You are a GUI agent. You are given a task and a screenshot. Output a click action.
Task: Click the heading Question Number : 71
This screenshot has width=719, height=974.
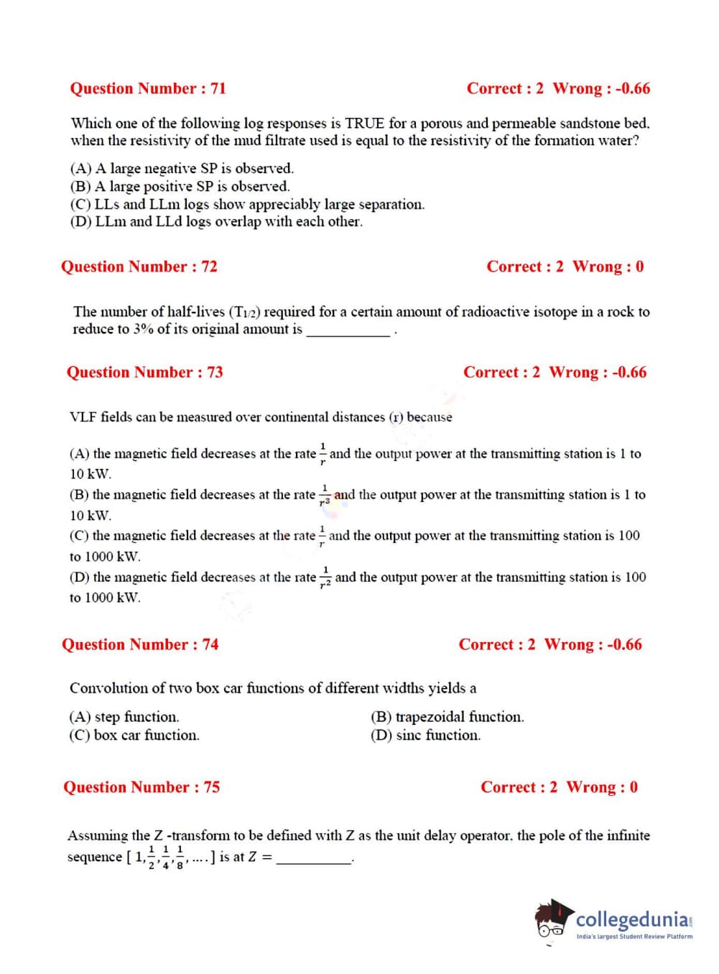tap(148, 88)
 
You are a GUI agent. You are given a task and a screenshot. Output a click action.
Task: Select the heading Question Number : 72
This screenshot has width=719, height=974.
tap(139, 266)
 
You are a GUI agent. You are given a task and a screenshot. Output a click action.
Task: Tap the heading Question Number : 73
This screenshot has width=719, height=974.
tap(144, 372)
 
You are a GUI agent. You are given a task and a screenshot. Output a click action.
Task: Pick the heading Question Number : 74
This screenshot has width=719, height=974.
tap(140, 644)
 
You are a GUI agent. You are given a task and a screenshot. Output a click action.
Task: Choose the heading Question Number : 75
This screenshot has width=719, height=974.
tap(142, 787)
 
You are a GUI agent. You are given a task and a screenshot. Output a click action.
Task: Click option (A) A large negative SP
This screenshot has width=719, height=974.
tap(182, 169)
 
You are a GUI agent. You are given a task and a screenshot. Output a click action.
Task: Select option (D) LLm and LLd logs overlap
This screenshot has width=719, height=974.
tap(216, 222)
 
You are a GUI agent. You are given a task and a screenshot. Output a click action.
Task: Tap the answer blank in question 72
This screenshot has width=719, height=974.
tap(348, 330)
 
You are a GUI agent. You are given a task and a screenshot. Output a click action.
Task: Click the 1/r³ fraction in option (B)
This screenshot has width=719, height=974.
tap(325, 494)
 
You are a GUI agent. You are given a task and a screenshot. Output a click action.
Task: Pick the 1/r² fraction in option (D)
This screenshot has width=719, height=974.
tap(325, 577)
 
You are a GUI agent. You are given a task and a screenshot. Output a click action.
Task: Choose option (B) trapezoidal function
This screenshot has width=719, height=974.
tap(447, 717)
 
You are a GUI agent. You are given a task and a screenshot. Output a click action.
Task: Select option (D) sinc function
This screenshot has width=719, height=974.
tap(425, 736)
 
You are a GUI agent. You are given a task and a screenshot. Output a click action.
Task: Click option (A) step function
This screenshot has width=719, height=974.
tap(124, 717)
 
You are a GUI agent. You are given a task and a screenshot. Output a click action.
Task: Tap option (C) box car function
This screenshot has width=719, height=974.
tap(134, 736)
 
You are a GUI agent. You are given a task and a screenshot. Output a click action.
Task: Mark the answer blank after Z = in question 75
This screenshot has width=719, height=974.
tap(314, 858)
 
